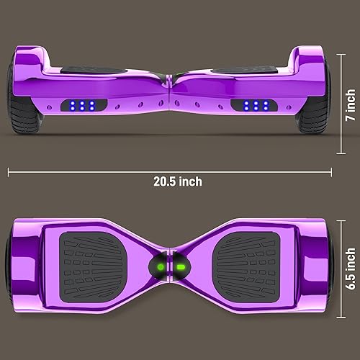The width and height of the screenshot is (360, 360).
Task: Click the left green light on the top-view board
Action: tap(161, 268)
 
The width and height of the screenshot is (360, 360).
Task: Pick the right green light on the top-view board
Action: tap(181, 268)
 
